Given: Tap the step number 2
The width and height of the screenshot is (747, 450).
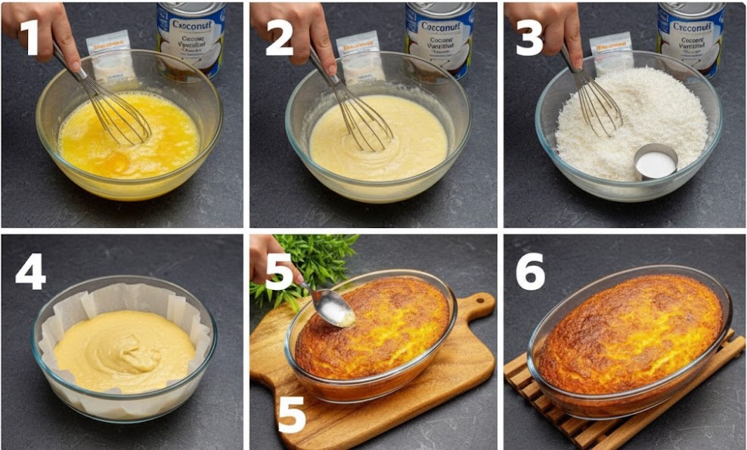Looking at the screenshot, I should point(279,37).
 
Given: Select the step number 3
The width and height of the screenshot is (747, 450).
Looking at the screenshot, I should point(528,37).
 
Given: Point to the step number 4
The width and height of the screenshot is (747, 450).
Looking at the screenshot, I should point(30,272).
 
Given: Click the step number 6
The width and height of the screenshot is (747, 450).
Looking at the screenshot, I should point(530,272).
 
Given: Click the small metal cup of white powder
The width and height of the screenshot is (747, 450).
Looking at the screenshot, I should point(655,162).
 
